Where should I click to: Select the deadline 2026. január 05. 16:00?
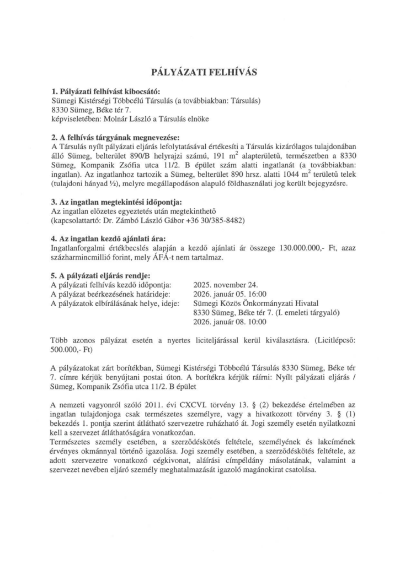point(228,294)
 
